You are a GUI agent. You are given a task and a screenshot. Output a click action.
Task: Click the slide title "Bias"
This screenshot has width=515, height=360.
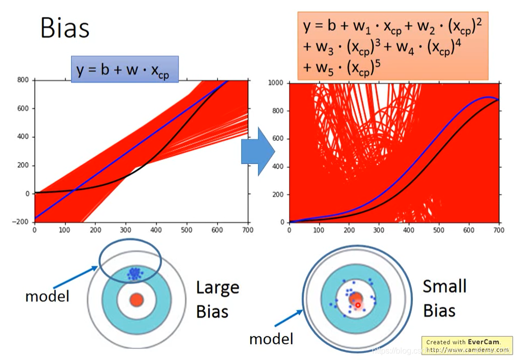click(x=65, y=28)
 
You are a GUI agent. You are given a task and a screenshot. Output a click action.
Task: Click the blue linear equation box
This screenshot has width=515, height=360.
click(x=124, y=69)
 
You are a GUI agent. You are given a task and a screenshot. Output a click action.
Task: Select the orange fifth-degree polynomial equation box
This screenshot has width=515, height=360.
click(x=393, y=46)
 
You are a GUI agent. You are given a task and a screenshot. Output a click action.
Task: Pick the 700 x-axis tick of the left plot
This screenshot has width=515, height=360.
click(x=248, y=230)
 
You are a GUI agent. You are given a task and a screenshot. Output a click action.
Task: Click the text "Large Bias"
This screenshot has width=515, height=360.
click(x=217, y=299)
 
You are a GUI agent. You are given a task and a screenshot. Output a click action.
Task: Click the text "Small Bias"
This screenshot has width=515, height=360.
click(x=444, y=298)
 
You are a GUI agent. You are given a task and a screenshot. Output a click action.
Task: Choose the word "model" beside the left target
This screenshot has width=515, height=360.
click(x=47, y=296)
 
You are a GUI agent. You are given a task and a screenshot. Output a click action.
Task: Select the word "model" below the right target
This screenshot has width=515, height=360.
click(x=271, y=338)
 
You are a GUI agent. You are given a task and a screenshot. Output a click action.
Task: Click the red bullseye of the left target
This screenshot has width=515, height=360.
click(x=136, y=300)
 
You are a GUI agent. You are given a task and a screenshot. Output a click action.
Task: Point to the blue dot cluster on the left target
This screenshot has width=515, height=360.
click(x=135, y=273)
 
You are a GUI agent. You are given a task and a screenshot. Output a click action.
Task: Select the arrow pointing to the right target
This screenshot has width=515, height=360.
click(x=289, y=318)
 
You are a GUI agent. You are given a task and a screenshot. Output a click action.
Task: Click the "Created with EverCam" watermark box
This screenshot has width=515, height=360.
click(x=467, y=345)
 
